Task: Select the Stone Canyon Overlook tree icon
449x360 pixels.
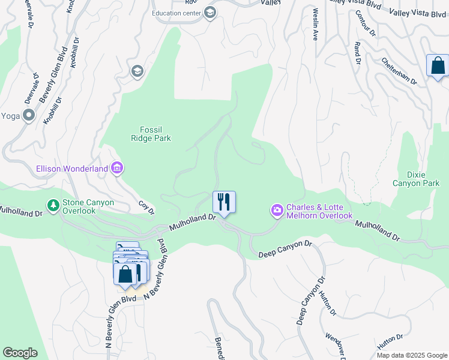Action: click(x=54, y=206)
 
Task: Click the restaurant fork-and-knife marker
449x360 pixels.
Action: click(x=224, y=201)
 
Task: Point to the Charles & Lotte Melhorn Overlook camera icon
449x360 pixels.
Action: click(x=277, y=211)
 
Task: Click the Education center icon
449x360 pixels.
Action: click(x=210, y=13)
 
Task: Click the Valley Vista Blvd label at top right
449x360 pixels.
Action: click(x=417, y=13)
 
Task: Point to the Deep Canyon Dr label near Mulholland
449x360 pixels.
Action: click(x=286, y=249)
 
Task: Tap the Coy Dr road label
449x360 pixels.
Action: click(x=147, y=208)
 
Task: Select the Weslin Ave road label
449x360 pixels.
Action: click(x=314, y=24)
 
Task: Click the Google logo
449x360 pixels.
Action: click(x=20, y=353)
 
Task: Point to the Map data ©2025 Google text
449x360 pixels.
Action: click(x=412, y=355)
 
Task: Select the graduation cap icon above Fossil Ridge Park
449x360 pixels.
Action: click(x=137, y=72)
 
